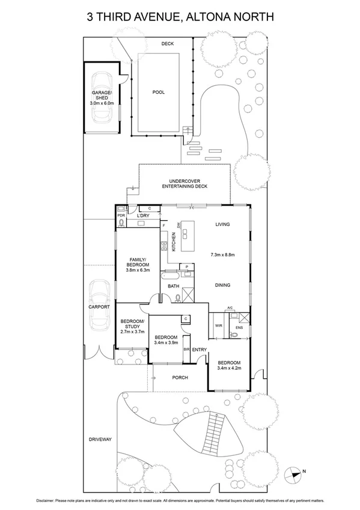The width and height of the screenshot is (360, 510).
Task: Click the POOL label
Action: [159, 92]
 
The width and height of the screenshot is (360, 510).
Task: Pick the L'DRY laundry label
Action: [143, 215]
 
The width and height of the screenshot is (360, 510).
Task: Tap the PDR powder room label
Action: [121, 215]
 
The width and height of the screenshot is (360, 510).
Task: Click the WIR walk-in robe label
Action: [218, 327]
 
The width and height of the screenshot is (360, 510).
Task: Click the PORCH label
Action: [180, 378]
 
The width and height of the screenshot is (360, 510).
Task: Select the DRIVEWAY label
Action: [100, 440]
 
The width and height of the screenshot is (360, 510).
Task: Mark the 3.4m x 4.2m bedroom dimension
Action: [229, 369]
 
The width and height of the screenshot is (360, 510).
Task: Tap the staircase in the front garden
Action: [215, 431]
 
